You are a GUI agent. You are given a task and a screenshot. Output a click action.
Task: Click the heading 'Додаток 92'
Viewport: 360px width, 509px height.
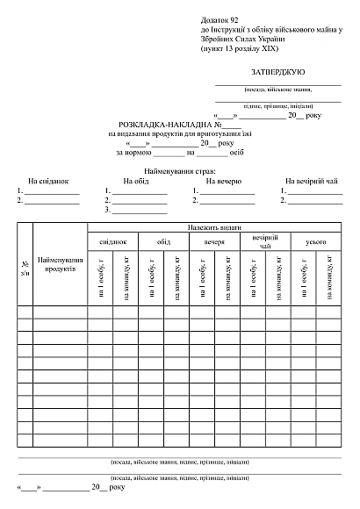pos(220,18)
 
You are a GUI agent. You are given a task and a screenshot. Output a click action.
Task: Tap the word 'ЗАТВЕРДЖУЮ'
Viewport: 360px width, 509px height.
pos(278,69)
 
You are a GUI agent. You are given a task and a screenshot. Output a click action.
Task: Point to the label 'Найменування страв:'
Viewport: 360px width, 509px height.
pos(180,168)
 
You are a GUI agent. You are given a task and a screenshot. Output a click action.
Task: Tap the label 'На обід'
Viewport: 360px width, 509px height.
pos(136,181)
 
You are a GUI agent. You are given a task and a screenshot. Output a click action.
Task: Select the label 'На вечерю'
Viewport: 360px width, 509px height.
pos(223,181)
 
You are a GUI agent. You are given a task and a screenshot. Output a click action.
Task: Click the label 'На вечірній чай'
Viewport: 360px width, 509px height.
pos(311,181)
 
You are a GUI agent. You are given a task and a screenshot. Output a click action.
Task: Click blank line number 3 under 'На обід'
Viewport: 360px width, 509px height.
pos(139,211)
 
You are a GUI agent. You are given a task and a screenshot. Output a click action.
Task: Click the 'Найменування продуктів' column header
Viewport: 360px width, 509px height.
pos(60,264)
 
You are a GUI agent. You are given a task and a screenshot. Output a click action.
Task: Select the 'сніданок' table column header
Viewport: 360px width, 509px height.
pos(112,240)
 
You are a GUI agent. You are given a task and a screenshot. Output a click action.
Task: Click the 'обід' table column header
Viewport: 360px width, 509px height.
pos(163,240)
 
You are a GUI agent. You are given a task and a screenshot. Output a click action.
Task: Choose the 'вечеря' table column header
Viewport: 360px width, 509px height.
pos(214,240)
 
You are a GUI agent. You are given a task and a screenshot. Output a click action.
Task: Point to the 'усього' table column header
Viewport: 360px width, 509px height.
pos(316,240)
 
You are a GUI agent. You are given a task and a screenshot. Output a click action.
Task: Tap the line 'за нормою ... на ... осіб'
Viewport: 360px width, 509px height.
pos(179,152)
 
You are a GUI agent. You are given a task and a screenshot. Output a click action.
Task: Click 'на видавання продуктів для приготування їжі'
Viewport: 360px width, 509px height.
pos(179,134)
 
